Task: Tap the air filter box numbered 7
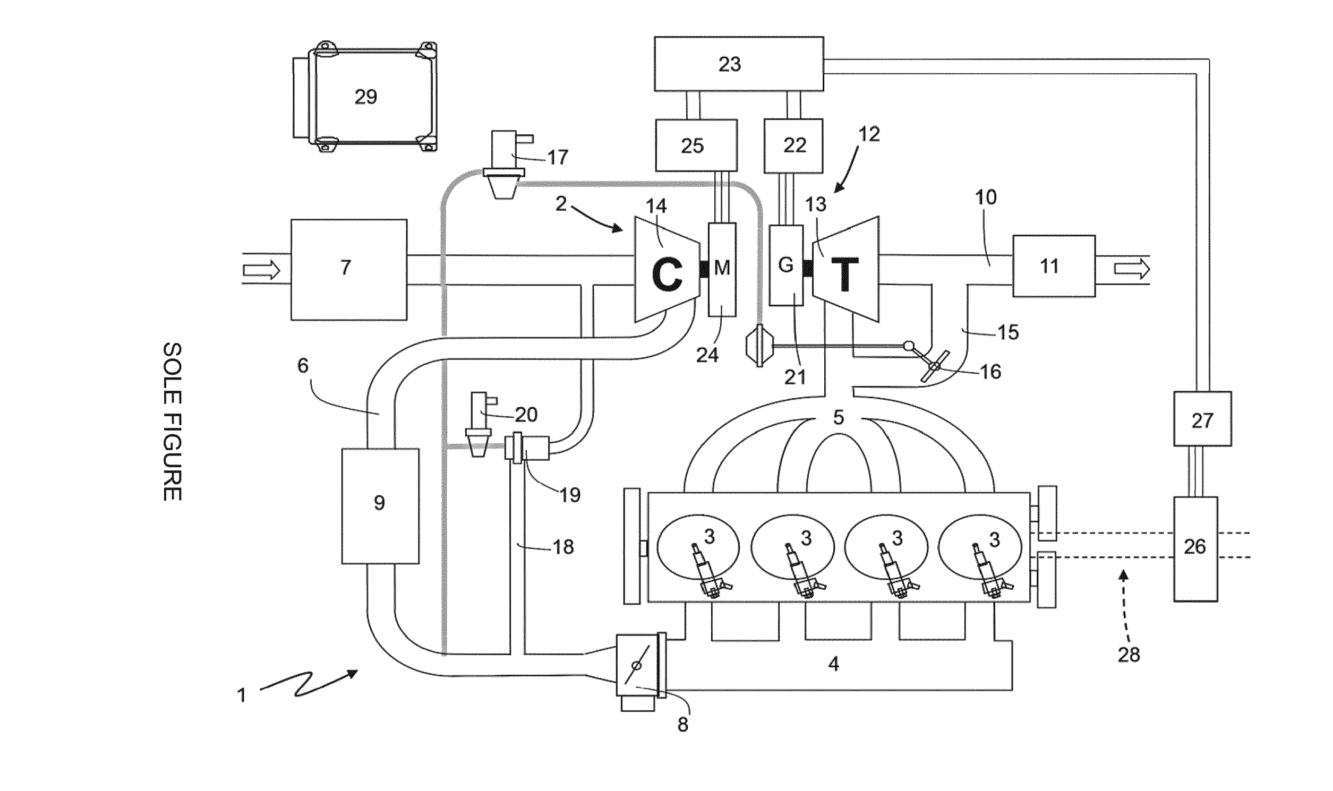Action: point(349,269)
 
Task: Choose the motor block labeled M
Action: point(722,270)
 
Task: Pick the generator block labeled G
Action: point(786,265)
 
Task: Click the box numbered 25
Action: point(696,145)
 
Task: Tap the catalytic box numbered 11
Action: point(1054,265)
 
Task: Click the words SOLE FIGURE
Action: point(172,421)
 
